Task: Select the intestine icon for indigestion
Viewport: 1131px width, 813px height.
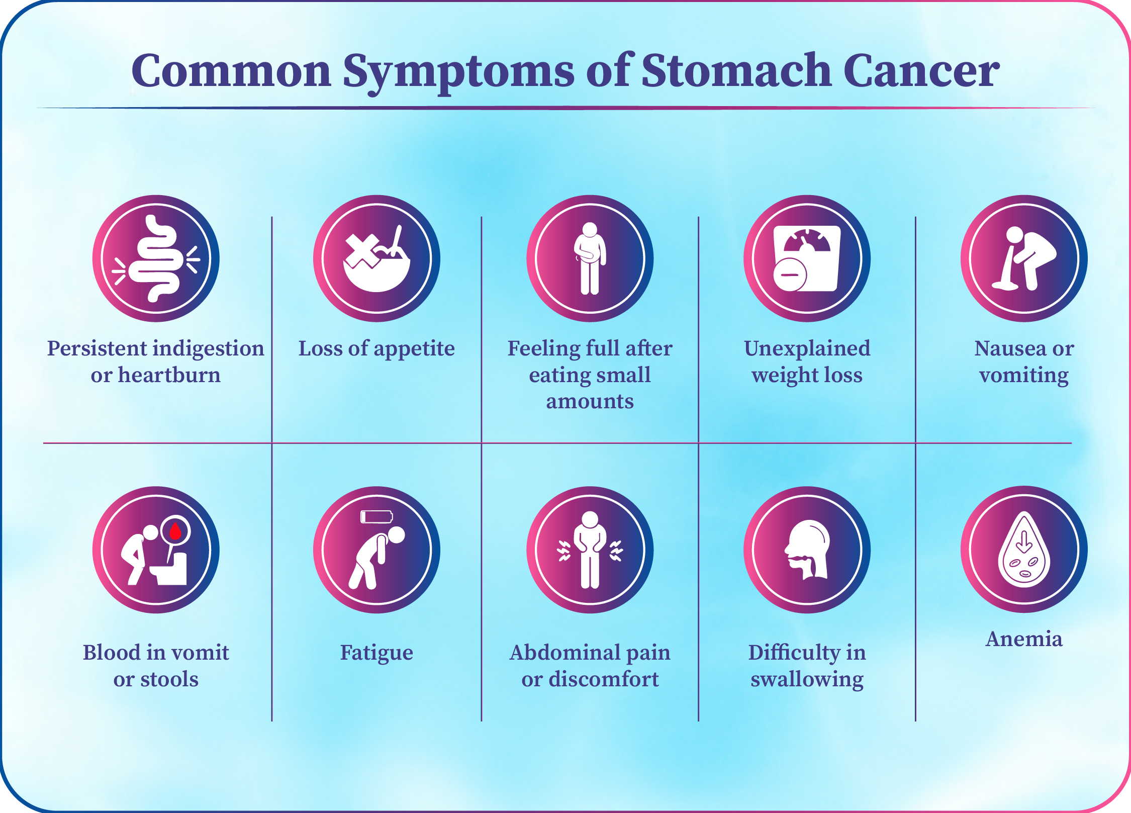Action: coord(156,258)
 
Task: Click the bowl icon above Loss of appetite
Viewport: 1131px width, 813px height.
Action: coord(377,261)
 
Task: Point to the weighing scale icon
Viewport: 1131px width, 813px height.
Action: coord(807,258)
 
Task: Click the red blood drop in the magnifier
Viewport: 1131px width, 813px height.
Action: coord(175,530)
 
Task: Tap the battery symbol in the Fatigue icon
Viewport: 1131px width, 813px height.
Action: coord(376,517)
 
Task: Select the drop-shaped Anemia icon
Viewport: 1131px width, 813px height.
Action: coord(1024,550)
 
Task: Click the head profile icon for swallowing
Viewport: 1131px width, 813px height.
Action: coord(807,550)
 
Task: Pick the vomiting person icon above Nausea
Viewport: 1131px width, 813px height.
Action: coord(1024,258)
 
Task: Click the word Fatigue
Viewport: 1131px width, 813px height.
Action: coord(376,653)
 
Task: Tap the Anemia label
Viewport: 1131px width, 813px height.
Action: coord(1024,639)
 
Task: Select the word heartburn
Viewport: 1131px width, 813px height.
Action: coord(169,375)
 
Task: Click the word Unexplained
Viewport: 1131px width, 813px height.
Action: coord(807,349)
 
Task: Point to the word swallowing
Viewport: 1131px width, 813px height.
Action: coord(807,680)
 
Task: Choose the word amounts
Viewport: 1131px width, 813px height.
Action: coord(590,402)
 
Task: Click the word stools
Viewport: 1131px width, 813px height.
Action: coord(169,679)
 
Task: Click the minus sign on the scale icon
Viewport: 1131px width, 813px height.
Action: coord(790,275)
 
